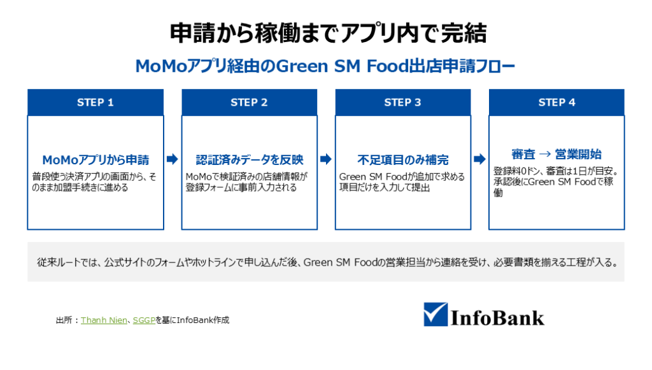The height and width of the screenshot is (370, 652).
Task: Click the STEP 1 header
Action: pos(96,103)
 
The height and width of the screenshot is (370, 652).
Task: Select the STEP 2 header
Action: pos(249,103)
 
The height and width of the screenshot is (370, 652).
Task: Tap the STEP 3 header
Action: pos(402,103)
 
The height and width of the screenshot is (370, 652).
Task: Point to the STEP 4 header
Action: pos(556,103)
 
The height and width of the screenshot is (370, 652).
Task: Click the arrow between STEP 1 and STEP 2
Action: pos(172,159)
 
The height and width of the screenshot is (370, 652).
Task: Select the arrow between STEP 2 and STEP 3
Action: pos(326,159)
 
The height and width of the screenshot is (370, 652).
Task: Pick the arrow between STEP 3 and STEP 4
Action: pos(479,159)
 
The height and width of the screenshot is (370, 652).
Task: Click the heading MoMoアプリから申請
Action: pos(96,160)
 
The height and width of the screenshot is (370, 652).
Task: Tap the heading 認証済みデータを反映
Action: pos(250,160)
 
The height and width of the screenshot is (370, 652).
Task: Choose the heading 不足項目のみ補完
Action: pos(403,160)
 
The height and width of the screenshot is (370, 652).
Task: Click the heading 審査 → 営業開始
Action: pos(556,154)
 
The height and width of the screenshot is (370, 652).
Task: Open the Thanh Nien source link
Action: pos(104,320)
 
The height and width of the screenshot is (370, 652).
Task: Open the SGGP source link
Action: pos(144,320)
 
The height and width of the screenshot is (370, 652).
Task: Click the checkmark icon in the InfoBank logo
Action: pos(436,315)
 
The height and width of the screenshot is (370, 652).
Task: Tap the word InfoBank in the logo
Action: pos(497,318)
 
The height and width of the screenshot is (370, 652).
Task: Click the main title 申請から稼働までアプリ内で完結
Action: pos(328,33)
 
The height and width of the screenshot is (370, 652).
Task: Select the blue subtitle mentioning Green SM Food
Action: pos(325,66)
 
